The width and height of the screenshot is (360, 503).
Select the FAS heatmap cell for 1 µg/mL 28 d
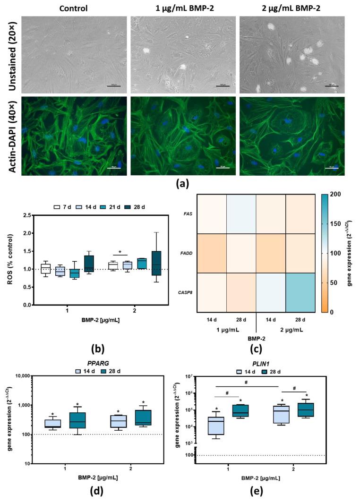[x=241, y=213]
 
